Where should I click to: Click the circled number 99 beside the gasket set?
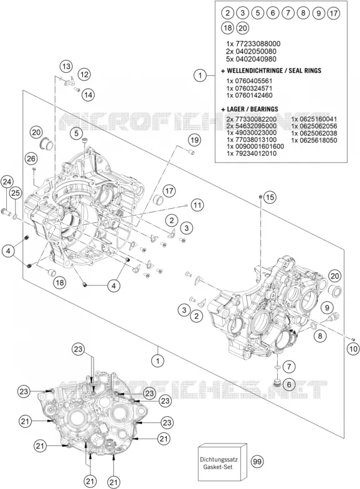[x=257, y=461]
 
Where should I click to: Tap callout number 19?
[x=194, y=140]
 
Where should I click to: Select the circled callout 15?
[x=270, y=197]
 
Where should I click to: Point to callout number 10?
[x=353, y=349]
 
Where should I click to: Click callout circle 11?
[x=197, y=205]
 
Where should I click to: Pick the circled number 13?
[x=66, y=67]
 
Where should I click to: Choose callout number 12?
[x=84, y=74]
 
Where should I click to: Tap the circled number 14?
[x=88, y=95]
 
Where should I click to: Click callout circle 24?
[x=7, y=182]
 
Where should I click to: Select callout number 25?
[x=16, y=193]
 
